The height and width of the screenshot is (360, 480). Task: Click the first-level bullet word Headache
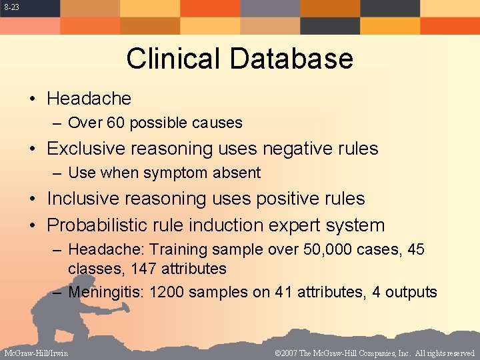[x=89, y=99]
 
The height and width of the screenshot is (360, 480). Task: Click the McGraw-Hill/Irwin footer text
[x=35, y=353]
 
